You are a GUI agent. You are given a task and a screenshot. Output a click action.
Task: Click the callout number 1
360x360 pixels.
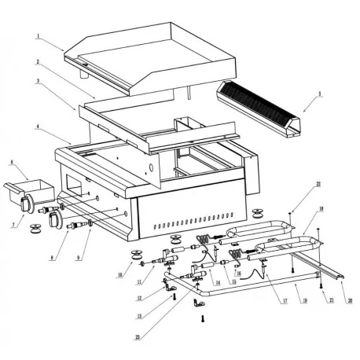click(38, 36)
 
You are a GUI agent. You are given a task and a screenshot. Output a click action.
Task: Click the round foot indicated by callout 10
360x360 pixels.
click(138, 255)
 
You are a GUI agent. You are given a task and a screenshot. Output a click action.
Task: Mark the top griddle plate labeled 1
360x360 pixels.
click(149, 59)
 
